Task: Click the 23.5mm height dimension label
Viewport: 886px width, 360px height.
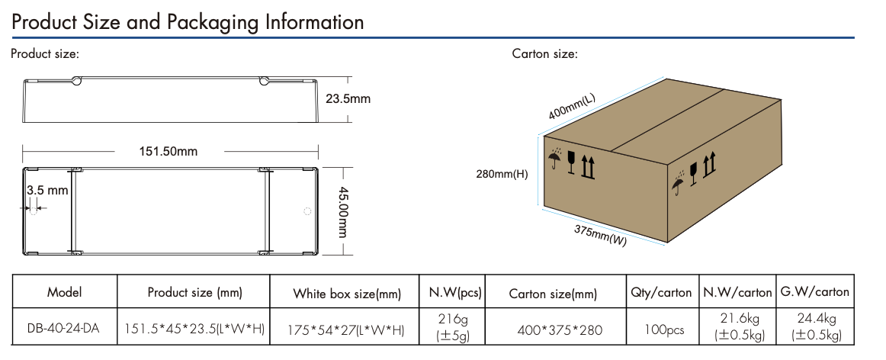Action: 348,99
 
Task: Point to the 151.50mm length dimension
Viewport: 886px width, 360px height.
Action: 168,151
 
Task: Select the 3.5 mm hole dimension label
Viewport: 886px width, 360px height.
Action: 47,189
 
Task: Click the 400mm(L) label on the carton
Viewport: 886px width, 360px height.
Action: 572,107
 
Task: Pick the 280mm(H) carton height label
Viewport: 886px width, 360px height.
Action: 501,174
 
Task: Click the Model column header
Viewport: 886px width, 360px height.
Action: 64,292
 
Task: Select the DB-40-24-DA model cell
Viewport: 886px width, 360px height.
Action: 64,329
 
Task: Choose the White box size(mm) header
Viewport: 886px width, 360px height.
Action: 347,294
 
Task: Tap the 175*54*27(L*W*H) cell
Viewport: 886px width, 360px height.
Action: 346,329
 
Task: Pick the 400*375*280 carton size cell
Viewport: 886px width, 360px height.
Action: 554,329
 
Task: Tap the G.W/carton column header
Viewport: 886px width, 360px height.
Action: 814,292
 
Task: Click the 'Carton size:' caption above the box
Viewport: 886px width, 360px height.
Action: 544,54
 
